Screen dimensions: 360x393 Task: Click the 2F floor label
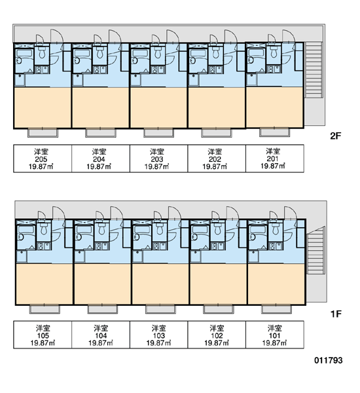(336, 136)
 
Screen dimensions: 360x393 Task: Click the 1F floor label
(336, 314)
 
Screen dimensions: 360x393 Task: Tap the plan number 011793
(328, 360)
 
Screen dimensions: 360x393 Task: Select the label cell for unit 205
(43, 159)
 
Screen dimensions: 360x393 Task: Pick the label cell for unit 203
(158, 159)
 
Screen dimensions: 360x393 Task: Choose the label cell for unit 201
(275, 159)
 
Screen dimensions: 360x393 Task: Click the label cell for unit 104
(101, 335)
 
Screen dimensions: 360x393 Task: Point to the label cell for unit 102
(217, 335)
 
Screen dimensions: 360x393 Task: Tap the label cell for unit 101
(275, 335)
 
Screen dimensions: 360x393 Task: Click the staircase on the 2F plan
(313, 69)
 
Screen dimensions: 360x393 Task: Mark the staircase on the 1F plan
(316, 251)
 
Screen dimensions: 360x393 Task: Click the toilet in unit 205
(42, 53)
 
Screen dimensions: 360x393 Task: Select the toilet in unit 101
(276, 229)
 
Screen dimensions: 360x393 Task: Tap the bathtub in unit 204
(82, 53)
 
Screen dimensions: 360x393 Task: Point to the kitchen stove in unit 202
(213, 69)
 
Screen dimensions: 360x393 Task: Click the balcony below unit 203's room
(158, 132)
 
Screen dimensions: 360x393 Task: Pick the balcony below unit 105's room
(45, 309)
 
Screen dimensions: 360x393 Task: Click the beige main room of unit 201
(274, 107)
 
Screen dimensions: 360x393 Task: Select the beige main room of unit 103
(160, 284)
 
